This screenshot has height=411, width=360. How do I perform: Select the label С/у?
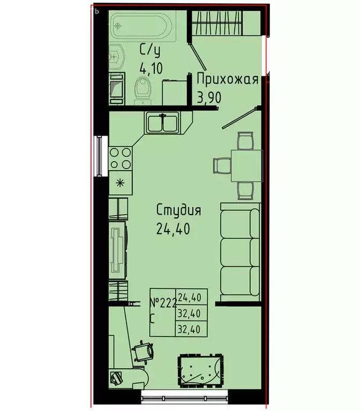(150, 51)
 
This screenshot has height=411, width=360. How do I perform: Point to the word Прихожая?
(227, 80)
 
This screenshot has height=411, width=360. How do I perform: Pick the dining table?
(246, 165)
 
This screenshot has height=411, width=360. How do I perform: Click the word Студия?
(179, 210)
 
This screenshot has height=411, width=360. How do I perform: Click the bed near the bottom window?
(199, 370)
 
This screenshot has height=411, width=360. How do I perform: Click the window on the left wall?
(99, 156)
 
